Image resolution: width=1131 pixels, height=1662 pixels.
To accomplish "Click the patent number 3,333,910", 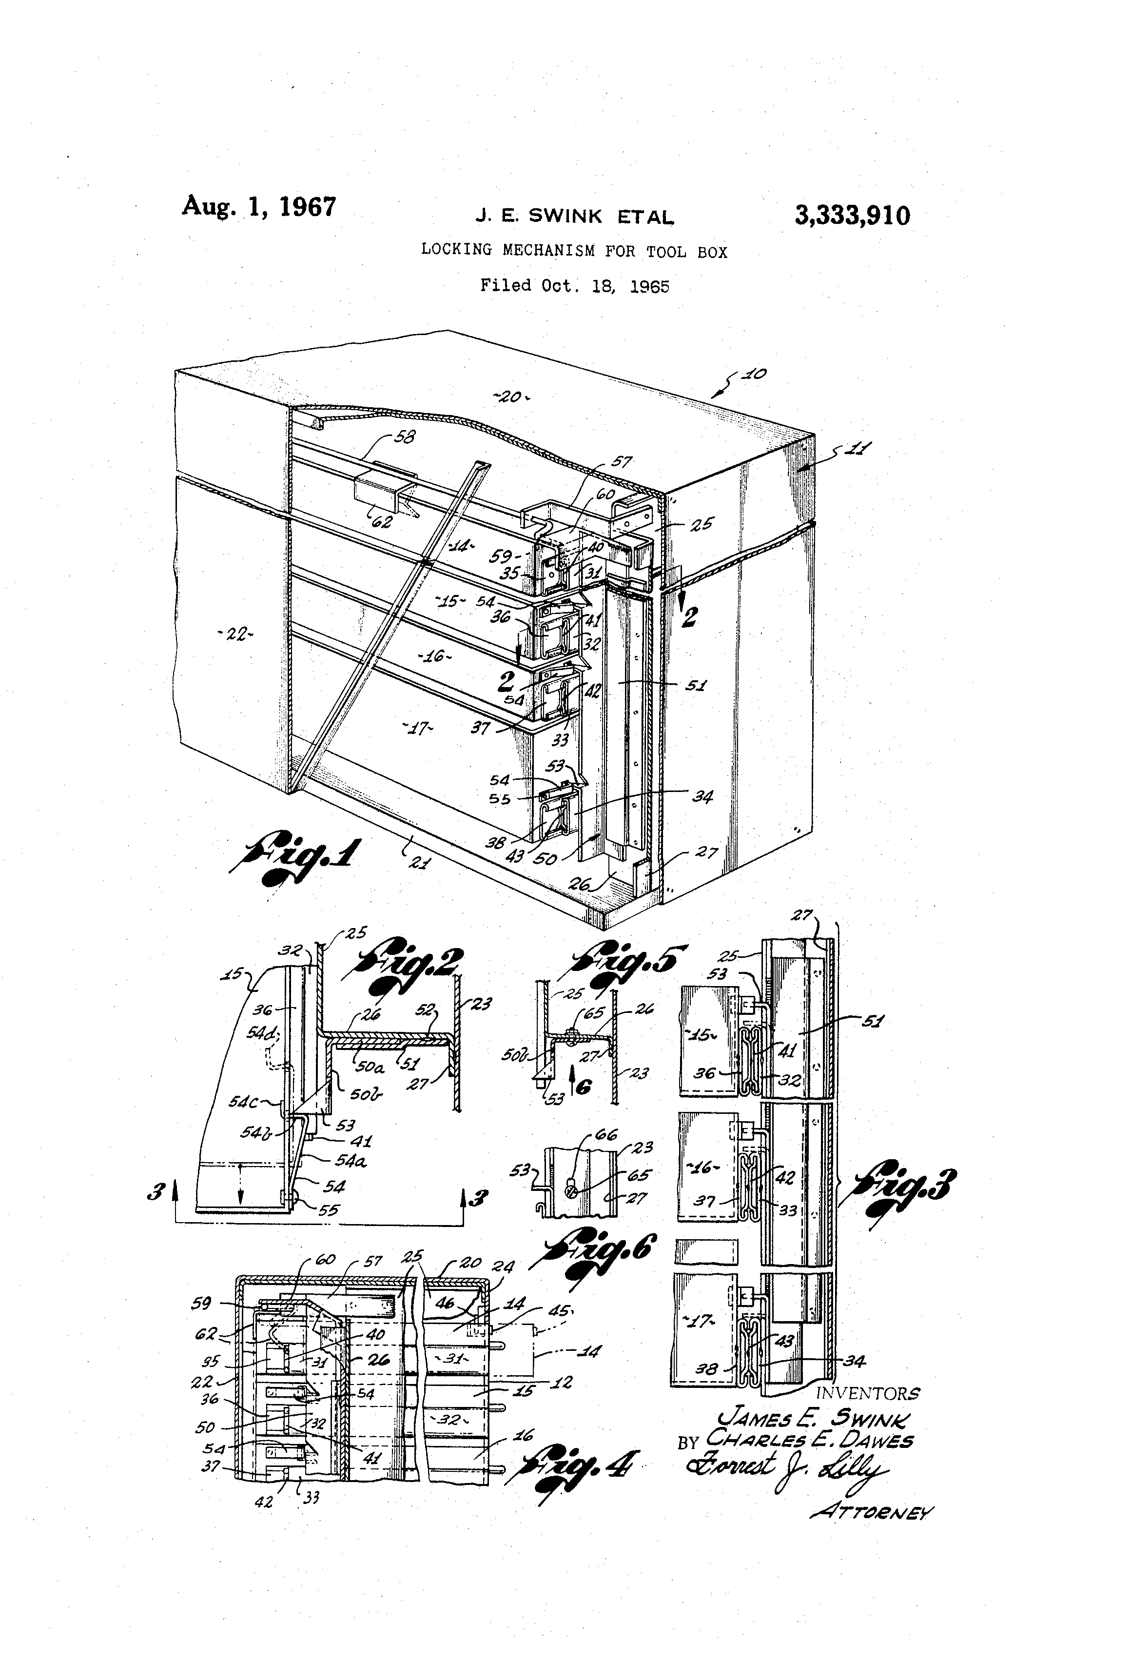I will point(852,215).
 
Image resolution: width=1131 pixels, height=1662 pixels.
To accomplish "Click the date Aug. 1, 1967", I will point(259,207).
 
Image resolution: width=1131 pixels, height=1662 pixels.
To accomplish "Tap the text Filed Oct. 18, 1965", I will point(574,286).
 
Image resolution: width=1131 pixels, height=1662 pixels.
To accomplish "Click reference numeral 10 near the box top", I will point(754,374).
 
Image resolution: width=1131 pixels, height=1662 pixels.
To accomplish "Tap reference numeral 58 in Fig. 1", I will point(404,436).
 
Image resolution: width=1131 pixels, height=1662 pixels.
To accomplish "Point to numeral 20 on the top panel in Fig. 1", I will point(510,396).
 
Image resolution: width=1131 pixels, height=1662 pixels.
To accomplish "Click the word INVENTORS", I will point(867,1393).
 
